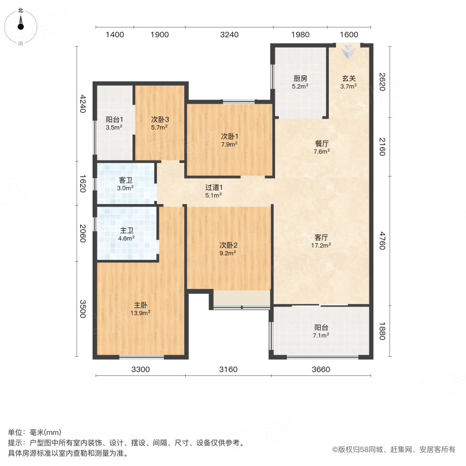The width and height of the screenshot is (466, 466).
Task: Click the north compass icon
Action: pos(21,24)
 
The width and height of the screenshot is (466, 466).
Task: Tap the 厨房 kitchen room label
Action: pos(300,79)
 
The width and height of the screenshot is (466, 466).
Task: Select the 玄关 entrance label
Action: pos(348,79)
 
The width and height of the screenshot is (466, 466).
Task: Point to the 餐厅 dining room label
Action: pos(322,144)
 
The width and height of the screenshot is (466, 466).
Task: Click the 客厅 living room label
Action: pos(322,238)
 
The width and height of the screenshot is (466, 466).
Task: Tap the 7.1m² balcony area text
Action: pos(322,336)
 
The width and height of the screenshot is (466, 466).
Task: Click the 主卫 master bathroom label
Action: pos(127,231)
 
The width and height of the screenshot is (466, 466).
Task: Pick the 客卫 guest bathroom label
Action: pos(126,180)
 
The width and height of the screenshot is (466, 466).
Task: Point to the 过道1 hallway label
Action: pos(213,187)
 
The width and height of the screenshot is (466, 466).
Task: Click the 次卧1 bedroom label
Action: pos(229,137)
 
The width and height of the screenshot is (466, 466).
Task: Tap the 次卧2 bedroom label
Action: pos(228,245)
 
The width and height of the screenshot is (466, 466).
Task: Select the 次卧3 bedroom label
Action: pos(160,119)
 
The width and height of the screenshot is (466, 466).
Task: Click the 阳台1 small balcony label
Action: pos(114,119)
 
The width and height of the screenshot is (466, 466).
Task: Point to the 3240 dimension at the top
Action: pos(229,35)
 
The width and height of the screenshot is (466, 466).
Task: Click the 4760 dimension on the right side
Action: pos(382,241)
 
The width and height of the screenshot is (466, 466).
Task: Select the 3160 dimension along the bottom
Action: pos(228,369)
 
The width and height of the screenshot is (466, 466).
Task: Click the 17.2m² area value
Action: pos(322,245)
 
